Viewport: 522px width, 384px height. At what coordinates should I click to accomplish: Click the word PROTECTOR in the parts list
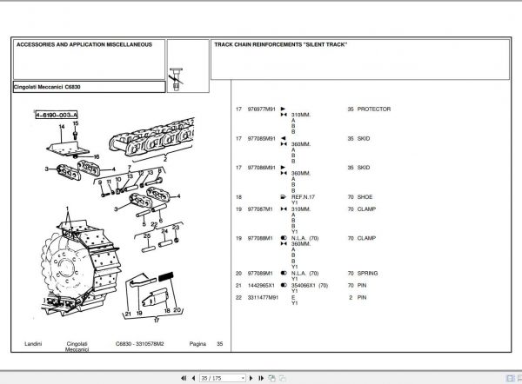375,109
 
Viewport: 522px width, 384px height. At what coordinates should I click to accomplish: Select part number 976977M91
261,109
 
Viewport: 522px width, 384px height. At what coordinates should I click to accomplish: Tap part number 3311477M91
263,298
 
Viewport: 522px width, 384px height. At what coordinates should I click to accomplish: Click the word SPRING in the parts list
370,273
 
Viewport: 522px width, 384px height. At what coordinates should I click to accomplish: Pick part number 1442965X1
260,285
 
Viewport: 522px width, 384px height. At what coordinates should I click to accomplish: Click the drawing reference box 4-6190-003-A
56,114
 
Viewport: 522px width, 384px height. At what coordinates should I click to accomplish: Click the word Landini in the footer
34,345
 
